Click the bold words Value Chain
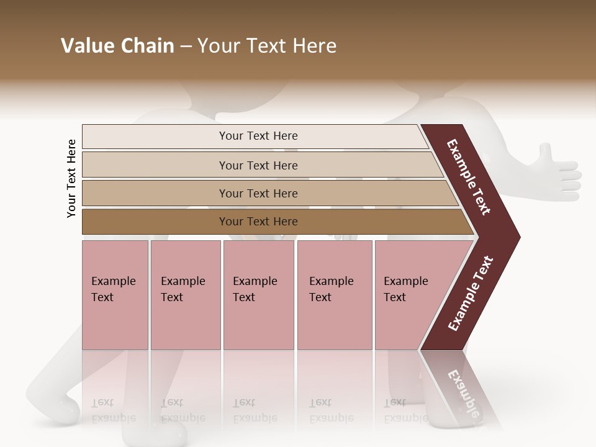(117, 46)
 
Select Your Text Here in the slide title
(267, 46)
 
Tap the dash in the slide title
(186, 47)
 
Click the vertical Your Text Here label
(71, 178)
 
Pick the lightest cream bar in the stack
(255, 136)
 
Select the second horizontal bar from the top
(258, 165)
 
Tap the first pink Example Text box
(115, 294)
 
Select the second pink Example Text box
(185, 294)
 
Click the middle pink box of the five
(258, 294)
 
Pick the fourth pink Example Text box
(334, 294)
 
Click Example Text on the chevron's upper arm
(469, 178)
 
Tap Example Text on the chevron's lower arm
(471, 294)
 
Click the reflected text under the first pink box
(113, 410)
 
